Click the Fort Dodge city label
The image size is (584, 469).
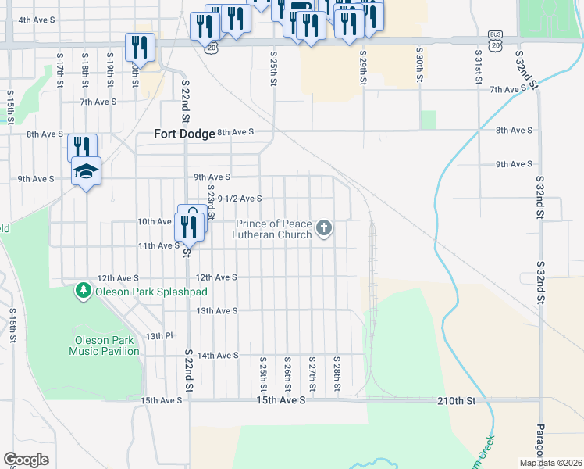184,134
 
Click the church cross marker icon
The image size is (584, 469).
325,229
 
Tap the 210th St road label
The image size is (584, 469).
456,401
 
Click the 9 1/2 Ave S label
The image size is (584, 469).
240,199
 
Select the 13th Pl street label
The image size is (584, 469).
158,336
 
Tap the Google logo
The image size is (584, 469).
26,460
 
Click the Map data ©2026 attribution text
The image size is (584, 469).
550,463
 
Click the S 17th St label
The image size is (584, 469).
60,68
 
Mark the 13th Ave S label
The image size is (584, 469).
216,310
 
